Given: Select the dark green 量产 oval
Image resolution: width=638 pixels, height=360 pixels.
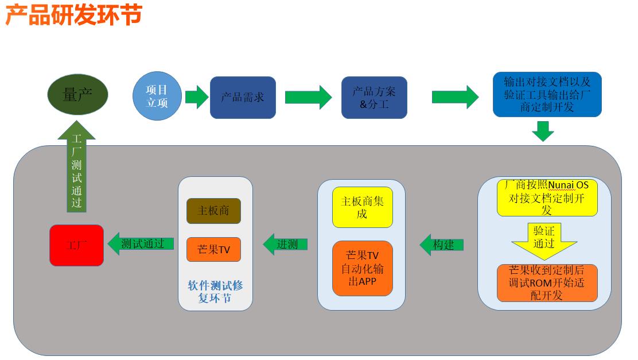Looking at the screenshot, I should (77, 95).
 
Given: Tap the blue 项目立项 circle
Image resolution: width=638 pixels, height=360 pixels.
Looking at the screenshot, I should (157, 96).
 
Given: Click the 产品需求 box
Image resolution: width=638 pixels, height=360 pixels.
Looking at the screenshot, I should (243, 97).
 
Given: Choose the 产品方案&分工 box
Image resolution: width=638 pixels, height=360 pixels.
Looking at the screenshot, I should (374, 98).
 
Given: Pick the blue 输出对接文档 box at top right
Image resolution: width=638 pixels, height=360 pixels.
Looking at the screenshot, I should (547, 94).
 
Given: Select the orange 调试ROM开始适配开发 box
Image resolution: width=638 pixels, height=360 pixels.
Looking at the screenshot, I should (547, 282).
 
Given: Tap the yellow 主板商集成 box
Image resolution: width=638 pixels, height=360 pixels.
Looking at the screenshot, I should (363, 207).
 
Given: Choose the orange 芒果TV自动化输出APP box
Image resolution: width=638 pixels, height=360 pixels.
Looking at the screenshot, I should (363, 268).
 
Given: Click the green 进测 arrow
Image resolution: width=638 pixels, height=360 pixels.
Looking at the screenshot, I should (285, 244).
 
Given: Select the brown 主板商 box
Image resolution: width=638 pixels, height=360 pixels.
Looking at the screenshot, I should (213, 211).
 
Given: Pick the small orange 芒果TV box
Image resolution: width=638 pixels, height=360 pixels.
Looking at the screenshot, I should (213, 250).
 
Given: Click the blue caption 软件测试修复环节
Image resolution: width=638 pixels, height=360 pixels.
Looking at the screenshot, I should (215, 292).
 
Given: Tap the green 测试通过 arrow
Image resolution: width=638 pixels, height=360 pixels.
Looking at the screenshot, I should (141, 243).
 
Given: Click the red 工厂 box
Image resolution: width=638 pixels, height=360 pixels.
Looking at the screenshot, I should (76, 245).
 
